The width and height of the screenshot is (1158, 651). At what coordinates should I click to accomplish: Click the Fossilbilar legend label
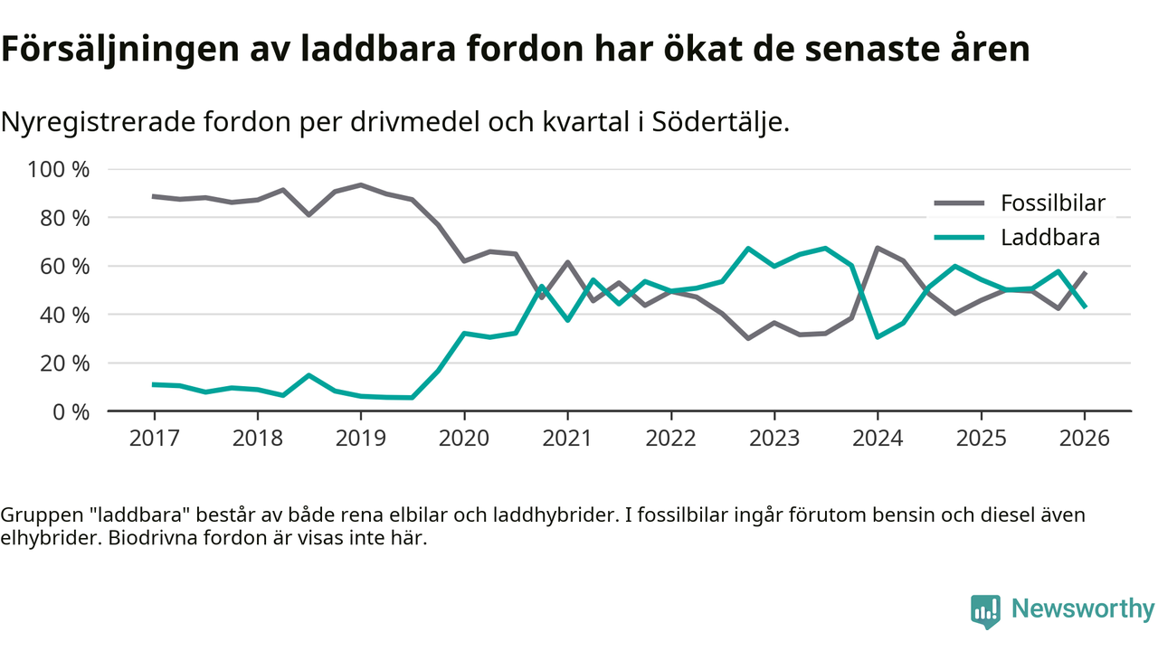pyautogui.click(x=1053, y=203)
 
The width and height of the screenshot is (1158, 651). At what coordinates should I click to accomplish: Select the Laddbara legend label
pyautogui.click(x=1050, y=239)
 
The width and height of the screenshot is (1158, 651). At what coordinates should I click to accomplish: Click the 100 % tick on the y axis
pyautogui.click(x=60, y=170)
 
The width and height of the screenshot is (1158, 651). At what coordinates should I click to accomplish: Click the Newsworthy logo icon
pyautogui.click(x=985, y=610)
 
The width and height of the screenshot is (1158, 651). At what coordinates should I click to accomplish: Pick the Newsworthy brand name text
pyautogui.click(x=1083, y=609)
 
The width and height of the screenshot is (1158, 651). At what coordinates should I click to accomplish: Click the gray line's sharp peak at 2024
pyautogui.click(x=878, y=248)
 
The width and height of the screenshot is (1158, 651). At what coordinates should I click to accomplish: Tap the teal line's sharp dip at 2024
pyautogui.click(x=878, y=336)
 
